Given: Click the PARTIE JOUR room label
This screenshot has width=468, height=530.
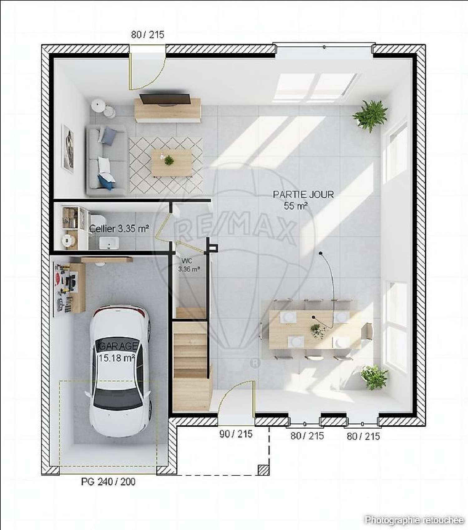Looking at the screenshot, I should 303,195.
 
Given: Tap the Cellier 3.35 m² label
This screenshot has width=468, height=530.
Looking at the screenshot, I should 119,229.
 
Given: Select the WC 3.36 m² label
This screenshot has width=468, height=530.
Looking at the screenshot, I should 188,265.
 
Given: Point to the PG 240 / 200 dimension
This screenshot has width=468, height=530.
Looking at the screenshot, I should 108,482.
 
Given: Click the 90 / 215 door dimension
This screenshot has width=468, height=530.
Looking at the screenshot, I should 236,434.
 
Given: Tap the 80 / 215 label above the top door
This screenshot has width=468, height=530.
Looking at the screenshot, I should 147,35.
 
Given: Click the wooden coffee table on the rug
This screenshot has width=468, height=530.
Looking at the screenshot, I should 171,162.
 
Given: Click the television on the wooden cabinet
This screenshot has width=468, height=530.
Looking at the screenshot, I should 165,99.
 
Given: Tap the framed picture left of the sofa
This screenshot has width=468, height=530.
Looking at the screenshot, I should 68,148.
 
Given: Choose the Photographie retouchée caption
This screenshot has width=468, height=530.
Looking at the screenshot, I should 414,520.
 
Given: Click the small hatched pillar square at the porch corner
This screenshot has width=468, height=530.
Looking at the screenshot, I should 264,470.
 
